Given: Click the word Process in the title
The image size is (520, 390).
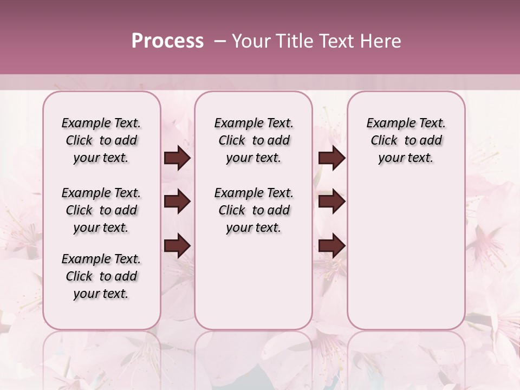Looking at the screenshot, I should (167, 41).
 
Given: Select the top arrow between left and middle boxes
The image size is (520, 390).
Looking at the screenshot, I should (177, 158).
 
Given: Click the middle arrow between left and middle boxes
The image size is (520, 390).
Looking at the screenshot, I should (177, 201).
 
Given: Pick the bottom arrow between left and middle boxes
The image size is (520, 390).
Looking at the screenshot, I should (177, 245).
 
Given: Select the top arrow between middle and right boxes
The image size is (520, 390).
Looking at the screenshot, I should (331, 158).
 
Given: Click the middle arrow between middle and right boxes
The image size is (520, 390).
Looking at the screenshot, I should (331, 201).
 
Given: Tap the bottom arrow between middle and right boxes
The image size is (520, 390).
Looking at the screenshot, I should (331, 245).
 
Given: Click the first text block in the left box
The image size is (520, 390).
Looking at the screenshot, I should (101, 140).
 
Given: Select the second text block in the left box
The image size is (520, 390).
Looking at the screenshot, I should (101, 210).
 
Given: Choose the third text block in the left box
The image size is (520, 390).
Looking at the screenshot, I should (101, 276).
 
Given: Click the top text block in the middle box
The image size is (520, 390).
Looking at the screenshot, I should (253, 140).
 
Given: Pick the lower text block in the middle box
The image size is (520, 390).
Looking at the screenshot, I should (253, 210).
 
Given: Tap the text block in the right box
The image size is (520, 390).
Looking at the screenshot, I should (406, 140).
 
